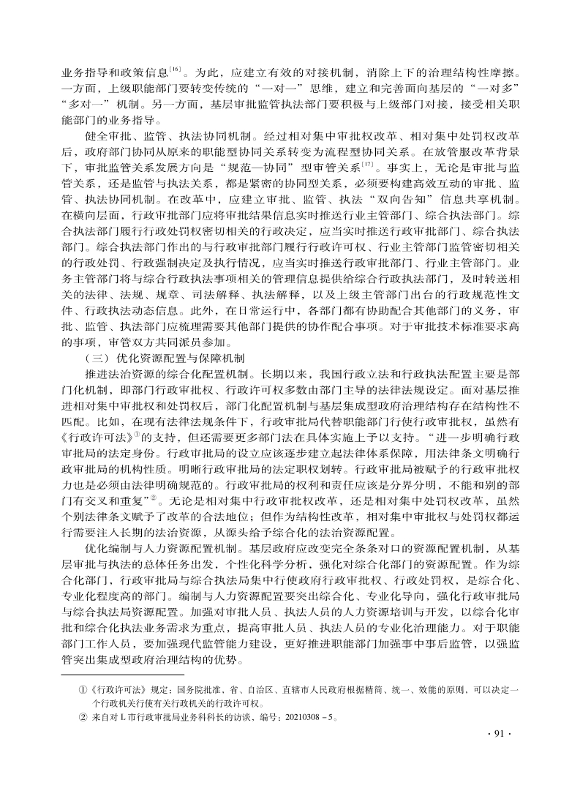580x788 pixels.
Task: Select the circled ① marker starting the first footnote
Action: (83, 689)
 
